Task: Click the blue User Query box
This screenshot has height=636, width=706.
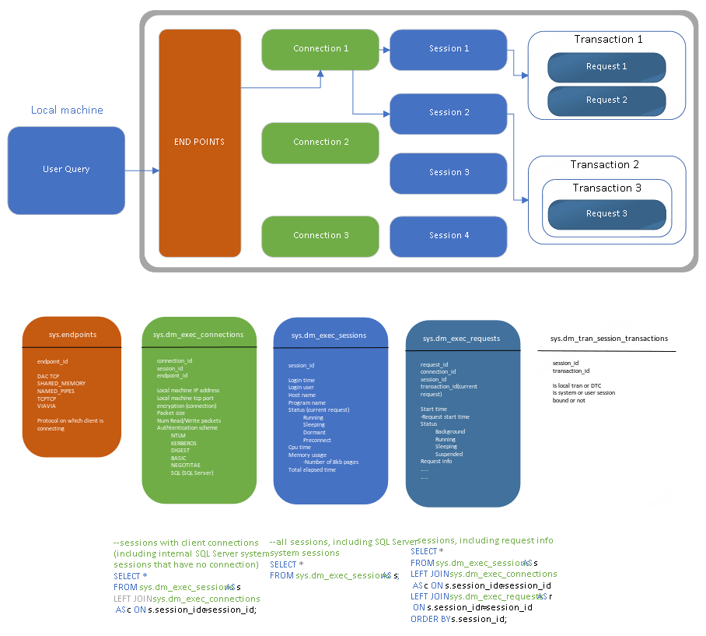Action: pos(66,170)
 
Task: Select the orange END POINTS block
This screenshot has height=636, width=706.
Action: pos(200,142)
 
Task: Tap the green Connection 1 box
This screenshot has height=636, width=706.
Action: pos(320,49)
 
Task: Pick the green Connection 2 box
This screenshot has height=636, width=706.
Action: pos(320,142)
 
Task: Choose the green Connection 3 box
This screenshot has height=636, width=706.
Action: pos(320,236)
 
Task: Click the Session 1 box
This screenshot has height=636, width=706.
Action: pos(449,49)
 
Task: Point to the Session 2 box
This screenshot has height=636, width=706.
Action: pos(449,113)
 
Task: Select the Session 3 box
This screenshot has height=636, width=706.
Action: pos(449,172)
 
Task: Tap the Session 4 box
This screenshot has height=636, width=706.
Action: pos(449,236)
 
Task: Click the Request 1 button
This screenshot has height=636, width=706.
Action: pos(606,67)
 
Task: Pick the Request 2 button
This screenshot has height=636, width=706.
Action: pos(606,100)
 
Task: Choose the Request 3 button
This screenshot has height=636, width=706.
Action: pos(606,214)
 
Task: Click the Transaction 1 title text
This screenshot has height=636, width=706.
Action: pos(608,40)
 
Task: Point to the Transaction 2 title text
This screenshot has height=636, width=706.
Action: pos(604,165)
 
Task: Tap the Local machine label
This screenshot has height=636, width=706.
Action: pos(67,111)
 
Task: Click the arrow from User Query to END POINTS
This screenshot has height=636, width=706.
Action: pos(142,170)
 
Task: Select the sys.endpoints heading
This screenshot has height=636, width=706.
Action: pos(72,335)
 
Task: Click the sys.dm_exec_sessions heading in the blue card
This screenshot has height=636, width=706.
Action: pos(329,336)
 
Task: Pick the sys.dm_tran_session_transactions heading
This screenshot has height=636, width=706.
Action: pos(609,339)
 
